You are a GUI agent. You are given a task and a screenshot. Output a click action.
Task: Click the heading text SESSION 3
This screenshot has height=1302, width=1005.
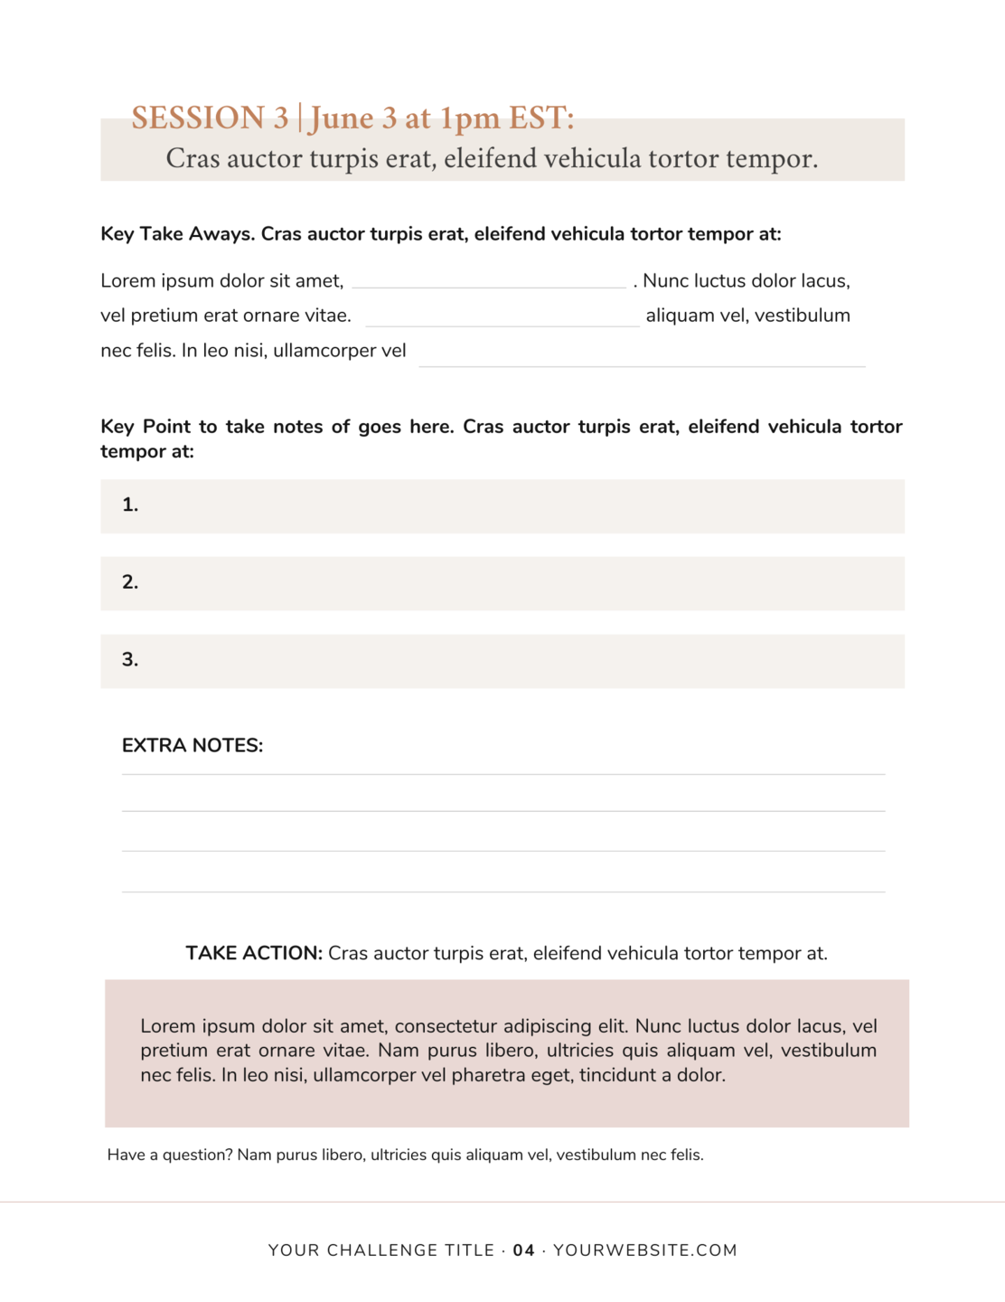click(210, 118)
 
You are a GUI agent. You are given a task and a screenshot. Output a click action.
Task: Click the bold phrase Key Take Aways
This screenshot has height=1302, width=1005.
click(177, 234)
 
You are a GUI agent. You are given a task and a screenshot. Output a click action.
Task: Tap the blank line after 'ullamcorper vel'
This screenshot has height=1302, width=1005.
click(642, 361)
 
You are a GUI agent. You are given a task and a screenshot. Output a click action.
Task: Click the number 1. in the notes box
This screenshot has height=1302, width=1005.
click(130, 505)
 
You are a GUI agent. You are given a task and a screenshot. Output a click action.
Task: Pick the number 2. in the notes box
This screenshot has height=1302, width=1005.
click(130, 582)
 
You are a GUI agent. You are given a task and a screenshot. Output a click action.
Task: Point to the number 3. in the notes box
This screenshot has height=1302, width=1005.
click(130, 660)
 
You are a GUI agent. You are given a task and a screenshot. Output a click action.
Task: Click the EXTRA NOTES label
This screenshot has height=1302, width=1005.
click(193, 746)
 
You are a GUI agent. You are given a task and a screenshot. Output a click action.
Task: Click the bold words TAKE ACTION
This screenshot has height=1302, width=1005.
click(254, 954)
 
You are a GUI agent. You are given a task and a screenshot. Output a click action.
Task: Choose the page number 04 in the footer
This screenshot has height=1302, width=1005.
click(524, 1251)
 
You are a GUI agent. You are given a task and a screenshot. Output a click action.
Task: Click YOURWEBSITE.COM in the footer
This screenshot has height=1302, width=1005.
click(645, 1251)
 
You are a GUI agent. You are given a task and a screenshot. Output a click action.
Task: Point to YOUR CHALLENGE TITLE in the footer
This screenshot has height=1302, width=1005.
click(380, 1251)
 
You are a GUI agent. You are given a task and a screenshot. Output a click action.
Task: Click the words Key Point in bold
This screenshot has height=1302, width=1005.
click(146, 427)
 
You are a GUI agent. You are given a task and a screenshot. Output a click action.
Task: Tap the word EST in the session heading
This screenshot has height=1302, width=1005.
click(540, 118)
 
